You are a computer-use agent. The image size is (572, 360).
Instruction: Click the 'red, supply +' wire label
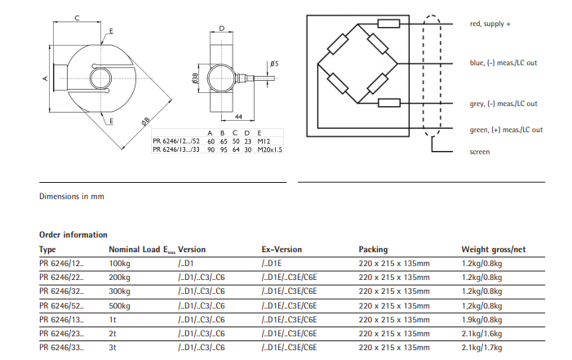click(490, 24)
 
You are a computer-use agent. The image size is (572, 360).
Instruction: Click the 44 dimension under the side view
click(240, 118)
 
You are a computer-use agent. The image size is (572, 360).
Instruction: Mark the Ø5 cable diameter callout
click(274, 64)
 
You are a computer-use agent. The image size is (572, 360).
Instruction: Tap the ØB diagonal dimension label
click(145, 121)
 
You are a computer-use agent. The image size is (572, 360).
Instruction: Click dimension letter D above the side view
click(222, 29)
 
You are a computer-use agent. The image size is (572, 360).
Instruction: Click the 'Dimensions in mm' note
click(72, 196)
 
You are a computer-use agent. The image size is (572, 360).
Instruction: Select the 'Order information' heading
click(73, 234)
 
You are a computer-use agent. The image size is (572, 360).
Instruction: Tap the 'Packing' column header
click(373, 249)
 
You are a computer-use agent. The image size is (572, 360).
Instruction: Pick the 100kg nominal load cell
click(120, 264)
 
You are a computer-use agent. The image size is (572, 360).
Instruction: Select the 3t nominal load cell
click(113, 348)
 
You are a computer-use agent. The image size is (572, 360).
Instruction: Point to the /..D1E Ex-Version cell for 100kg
click(273, 264)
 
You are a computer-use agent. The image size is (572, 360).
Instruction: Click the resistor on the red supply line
click(389, 24)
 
